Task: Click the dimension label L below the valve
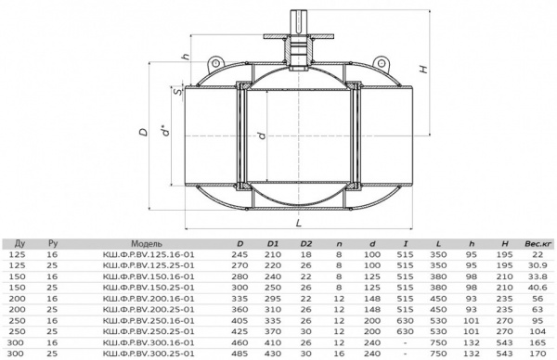(x=299, y=223)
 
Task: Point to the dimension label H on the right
(x=423, y=69)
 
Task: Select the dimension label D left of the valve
(x=143, y=132)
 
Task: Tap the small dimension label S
(x=177, y=92)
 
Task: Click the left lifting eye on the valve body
(x=215, y=64)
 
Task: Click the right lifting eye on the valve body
(x=381, y=63)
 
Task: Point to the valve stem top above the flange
(x=298, y=21)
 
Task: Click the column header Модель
(x=147, y=243)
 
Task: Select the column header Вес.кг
(x=538, y=244)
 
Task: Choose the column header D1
(x=273, y=244)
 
